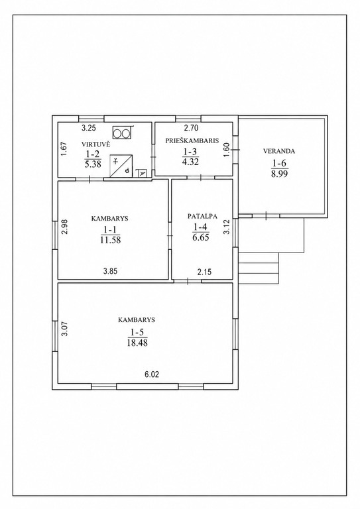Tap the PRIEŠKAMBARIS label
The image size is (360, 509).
click(192, 141)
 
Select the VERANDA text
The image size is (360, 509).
click(279, 151)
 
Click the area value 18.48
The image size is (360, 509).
click(137, 343)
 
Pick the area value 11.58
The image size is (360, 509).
click(110, 240)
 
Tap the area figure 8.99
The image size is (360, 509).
click(280, 174)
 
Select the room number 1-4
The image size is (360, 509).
click(201, 227)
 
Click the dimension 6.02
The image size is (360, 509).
click(152, 374)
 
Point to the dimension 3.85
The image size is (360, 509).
click(110, 271)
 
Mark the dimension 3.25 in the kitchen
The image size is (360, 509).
click(88, 128)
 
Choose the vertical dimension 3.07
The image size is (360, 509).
click(64, 328)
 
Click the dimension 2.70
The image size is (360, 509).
click(191, 128)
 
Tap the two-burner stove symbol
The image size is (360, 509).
click(122, 132)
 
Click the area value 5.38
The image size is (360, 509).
click(93, 164)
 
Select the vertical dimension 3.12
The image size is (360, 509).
click(227, 227)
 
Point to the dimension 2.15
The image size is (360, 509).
click(204, 271)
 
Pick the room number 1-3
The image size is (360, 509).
click(190, 152)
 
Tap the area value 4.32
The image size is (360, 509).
click(190, 161)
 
